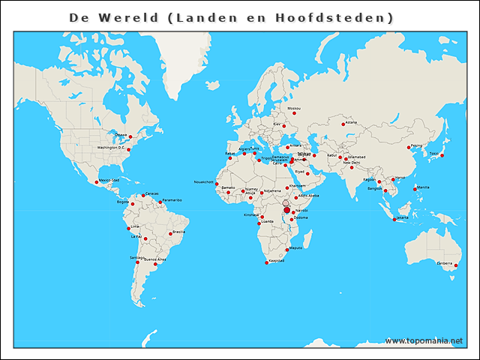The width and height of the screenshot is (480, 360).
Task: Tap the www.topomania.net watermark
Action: pos(423,341)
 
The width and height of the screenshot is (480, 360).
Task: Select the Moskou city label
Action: pos(294,109)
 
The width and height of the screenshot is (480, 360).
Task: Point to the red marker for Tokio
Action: pos(442,155)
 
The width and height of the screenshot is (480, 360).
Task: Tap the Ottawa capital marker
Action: pos(130,136)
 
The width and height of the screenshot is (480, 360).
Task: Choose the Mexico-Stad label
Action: pos(109,180)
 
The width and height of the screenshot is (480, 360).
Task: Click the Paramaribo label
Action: pos(172,200)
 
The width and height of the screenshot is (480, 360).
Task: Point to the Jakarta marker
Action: pos(394,220)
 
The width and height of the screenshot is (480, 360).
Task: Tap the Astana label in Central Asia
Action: pos(351,121)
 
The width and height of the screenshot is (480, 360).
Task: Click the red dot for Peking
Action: pos(409,148)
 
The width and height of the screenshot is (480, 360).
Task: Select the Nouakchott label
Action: pos(204,181)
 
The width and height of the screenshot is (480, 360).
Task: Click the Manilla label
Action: pos(423,187)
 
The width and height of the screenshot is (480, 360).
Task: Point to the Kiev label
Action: pos(277,124)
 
